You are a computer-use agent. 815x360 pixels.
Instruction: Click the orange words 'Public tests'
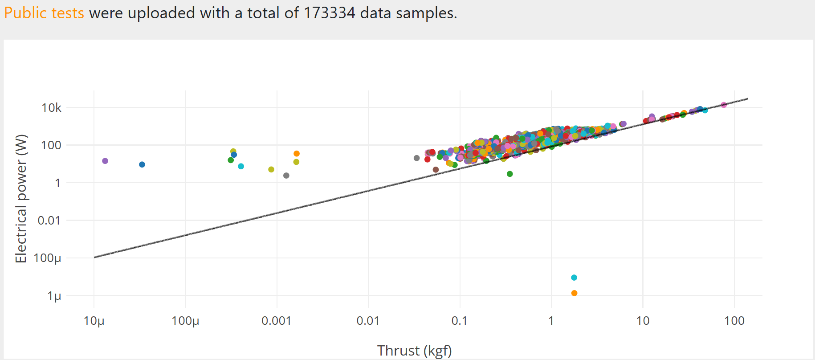(44, 13)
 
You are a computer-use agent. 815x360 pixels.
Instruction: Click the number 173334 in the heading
(329, 13)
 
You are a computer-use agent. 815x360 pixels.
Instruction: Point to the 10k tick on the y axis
(52, 108)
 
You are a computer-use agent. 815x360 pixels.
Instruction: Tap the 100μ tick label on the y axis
(47, 258)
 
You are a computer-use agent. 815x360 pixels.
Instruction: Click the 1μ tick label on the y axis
(54, 296)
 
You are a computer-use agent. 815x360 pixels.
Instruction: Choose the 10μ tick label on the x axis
(94, 321)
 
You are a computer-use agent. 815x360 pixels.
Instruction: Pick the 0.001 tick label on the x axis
(277, 321)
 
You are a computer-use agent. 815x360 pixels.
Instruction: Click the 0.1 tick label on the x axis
(460, 321)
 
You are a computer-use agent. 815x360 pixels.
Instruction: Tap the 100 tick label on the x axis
(734, 321)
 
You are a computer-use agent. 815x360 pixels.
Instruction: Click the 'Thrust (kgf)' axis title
(414, 351)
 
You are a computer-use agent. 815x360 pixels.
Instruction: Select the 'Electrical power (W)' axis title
(21, 198)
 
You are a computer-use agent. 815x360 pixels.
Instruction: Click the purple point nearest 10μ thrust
(105, 161)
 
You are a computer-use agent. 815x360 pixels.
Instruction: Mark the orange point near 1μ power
(574, 293)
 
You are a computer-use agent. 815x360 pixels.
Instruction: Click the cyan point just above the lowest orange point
(574, 278)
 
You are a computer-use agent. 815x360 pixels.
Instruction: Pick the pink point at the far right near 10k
(723, 105)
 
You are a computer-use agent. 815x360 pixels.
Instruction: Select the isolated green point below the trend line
(510, 174)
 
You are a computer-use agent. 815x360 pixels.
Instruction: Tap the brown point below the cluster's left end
(436, 170)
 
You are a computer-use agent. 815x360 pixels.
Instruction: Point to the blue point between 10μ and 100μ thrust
(142, 164)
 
